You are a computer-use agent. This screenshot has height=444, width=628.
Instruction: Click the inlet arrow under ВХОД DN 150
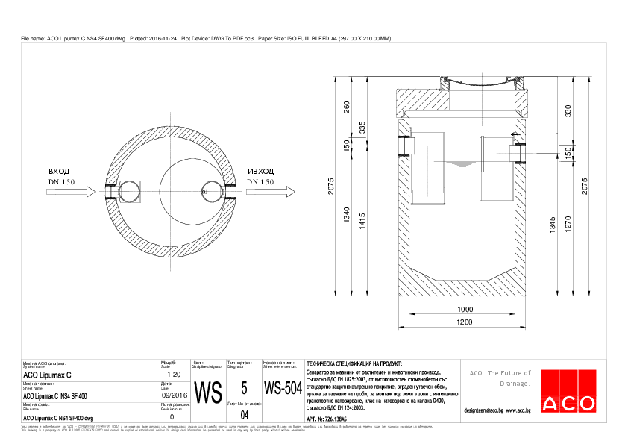click(x=70, y=192)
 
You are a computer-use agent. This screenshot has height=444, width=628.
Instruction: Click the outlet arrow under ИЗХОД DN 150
click(x=260, y=192)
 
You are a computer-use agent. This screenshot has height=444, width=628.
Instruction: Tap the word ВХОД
click(x=59, y=171)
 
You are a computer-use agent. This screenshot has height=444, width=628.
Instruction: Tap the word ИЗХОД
click(x=260, y=171)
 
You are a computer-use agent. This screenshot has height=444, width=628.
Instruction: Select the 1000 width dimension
click(x=465, y=309)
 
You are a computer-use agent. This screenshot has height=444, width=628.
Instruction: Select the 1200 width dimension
click(x=465, y=322)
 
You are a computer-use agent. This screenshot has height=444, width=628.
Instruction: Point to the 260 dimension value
click(x=346, y=107)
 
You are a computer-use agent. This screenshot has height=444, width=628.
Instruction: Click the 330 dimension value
click(x=568, y=111)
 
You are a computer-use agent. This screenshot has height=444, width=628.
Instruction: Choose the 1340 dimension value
click(x=346, y=217)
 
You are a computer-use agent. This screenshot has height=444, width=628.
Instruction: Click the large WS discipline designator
click(x=208, y=392)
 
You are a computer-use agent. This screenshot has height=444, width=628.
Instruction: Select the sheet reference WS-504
click(x=282, y=390)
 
